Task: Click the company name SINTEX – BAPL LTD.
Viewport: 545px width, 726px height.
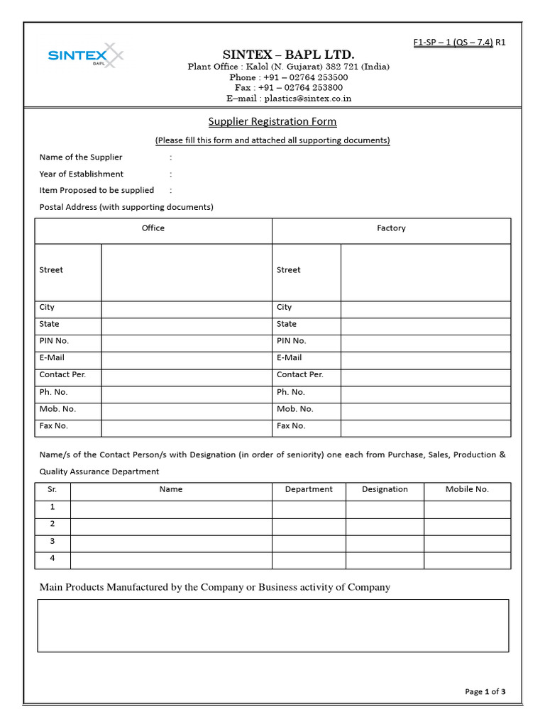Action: [x=288, y=55]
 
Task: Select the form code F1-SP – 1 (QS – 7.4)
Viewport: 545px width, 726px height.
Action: [x=453, y=43]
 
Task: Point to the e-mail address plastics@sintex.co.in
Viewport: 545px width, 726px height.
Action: [x=289, y=99]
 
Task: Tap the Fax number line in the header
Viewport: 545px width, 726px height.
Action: [x=288, y=88]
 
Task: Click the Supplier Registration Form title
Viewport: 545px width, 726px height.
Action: [x=272, y=121]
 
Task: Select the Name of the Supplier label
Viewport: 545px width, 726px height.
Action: [x=81, y=157]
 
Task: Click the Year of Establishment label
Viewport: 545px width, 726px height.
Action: [x=82, y=174]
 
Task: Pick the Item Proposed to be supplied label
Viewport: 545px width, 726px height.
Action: [x=97, y=190]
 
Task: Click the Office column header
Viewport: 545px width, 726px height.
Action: [x=153, y=228]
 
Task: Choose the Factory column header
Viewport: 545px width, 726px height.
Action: [x=391, y=228]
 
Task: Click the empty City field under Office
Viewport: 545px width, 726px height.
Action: [x=187, y=309]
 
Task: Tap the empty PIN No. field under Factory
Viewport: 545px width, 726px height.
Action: [x=425, y=343]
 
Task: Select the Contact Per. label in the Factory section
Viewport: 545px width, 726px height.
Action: [x=299, y=374]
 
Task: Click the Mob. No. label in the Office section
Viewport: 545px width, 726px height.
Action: [x=57, y=409]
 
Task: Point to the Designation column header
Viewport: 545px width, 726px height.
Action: [x=385, y=489]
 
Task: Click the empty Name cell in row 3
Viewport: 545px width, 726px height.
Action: [x=171, y=543]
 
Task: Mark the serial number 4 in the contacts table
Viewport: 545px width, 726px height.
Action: [x=52, y=559]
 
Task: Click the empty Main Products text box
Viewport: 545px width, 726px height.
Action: [x=272, y=625]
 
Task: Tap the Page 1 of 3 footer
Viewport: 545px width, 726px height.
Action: [x=485, y=692]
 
